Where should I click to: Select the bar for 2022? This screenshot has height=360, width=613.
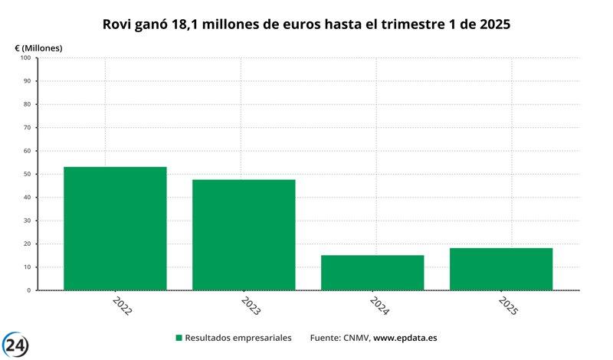click(x=115, y=228)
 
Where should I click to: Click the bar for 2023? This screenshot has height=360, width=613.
click(x=244, y=234)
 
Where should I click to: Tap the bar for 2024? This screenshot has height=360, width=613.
click(x=372, y=273)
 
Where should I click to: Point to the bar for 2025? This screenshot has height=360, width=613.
click(x=501, y=269)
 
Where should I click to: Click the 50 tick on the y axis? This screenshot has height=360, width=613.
click(x=26, y=174)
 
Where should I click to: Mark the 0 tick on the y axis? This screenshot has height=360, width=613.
click(x=28, y=290)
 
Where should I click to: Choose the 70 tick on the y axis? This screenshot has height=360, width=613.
click(x=26, y=127)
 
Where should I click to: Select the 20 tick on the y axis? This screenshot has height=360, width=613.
click(x=26, y=244)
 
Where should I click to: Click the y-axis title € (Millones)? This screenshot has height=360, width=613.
click(x=38, y=47)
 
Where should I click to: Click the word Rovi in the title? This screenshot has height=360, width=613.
click(x=117, y=25)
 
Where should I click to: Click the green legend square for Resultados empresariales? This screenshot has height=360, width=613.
click(x=179, y=338)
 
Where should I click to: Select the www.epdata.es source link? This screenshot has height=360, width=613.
click(x=405, y=338)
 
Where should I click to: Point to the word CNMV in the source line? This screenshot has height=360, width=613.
click(x=356, y=338)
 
